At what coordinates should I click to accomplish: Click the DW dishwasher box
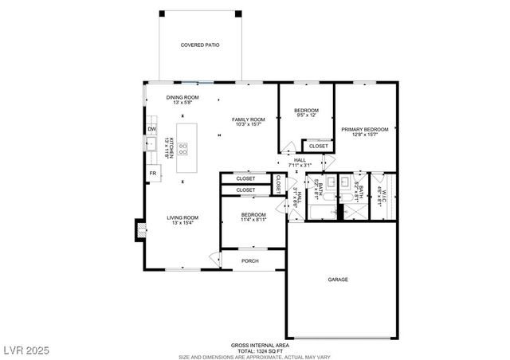click(151, 129)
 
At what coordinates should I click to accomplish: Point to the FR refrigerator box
click(151, 173)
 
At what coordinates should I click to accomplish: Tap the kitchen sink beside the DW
click(150, 144)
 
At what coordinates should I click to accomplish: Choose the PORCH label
click(250, 260)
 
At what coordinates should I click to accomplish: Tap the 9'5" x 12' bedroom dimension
click(306, 115)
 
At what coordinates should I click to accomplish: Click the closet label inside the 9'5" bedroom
click(318, 146)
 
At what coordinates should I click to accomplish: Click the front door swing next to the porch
click(214, 259)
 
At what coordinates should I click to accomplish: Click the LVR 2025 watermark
click(25, 350)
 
